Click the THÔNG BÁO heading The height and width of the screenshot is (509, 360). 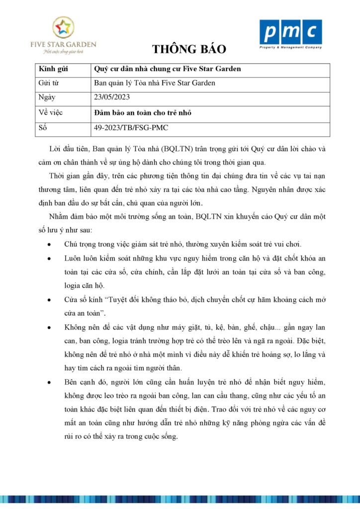(189, 49)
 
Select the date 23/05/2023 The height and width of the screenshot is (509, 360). (112, 97)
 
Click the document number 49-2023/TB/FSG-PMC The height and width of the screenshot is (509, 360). (131, 128)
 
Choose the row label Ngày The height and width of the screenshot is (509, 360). (46, 97)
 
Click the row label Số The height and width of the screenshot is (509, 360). (42, 128)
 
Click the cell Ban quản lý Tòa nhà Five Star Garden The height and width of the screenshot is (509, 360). (155, 83)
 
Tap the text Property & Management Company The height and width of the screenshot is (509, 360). (291, 48)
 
